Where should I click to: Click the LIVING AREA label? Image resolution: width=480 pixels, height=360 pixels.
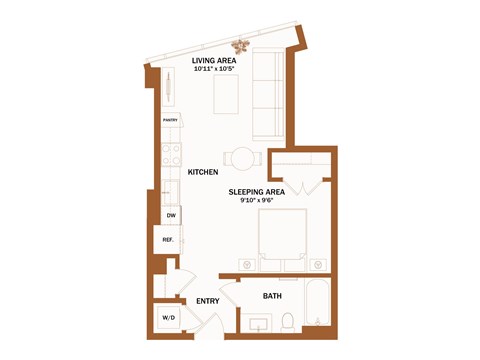213,60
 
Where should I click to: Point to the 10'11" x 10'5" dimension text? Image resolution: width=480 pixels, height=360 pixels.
213,68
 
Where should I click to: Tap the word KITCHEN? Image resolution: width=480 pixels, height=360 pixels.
203,173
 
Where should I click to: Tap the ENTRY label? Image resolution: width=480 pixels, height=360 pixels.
208,301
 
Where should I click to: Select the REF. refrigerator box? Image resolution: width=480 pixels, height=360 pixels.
168,240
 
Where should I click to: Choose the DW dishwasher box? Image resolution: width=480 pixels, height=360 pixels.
170,215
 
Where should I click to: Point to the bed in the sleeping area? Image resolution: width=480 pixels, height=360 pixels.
285,236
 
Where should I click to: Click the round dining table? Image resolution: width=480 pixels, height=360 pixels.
243,156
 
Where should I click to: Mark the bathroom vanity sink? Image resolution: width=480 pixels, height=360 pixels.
256,323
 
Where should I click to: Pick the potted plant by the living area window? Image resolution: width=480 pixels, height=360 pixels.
241,45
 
